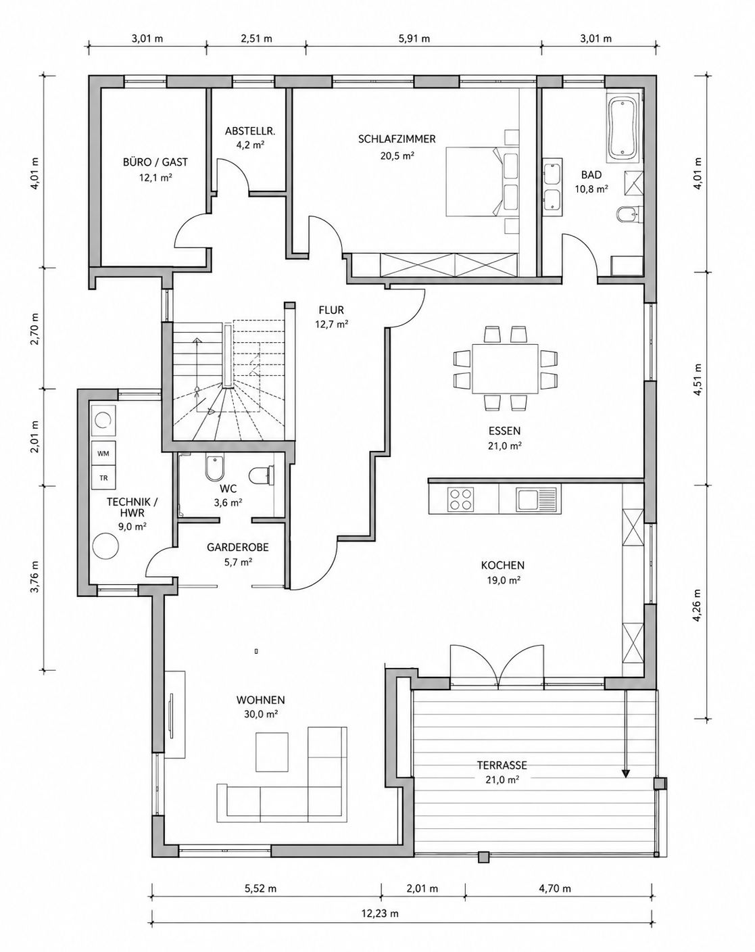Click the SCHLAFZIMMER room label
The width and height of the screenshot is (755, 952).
pos(397,139)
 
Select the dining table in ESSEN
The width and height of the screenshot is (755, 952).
pos(505,368)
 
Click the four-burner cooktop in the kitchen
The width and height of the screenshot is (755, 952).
pos(461,498)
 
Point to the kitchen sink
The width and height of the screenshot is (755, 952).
pos(537,498)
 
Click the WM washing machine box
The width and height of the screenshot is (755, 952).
pos(103,454)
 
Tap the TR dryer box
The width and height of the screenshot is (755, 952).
pos(103,478)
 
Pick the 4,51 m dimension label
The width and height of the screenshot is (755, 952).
pos(698,379)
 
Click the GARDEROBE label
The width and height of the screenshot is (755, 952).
pos(237,548)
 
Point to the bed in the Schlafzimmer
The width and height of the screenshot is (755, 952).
pos(482,182)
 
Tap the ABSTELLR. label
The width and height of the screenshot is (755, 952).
pos(250,131)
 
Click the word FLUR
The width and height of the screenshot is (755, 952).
pos(331,310)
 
